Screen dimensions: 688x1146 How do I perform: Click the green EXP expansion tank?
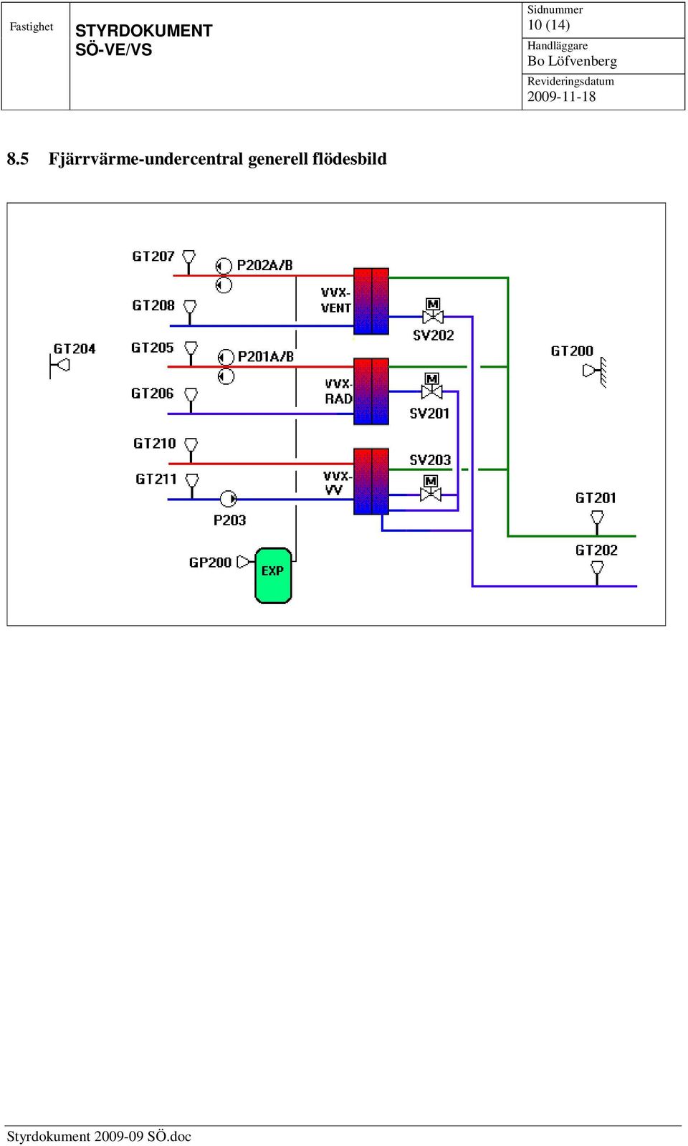[x=273, y=576]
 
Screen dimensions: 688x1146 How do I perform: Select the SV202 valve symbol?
[x=433, y=311]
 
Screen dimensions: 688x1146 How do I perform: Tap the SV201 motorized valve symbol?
[x=431, y=386]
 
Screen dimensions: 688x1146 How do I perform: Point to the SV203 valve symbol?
[x=431, y=489]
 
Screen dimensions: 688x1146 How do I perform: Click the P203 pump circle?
[x=228, y=498]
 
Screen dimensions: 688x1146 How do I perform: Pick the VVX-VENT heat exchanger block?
[x=371, y=301]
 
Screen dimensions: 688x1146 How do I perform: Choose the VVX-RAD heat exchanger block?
[x=371, y=391]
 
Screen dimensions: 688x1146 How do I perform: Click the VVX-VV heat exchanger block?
[x=371, y=482]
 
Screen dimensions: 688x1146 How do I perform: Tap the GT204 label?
[x=75, y=349]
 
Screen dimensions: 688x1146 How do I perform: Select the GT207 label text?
[x=153, y=256]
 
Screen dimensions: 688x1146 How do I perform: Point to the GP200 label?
[x=210, y=563]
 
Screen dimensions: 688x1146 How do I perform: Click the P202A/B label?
[x=265, y=265]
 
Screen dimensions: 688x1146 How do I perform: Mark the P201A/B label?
[x=266, y=356]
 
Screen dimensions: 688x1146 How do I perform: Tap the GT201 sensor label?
[x=596, y=498]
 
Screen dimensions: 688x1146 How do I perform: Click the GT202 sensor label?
[x=596, y=550]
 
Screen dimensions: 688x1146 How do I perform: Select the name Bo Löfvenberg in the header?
[x=572, y=62]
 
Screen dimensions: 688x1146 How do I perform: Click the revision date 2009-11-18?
[x=561, y=97]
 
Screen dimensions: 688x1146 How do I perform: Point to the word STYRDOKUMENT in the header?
[x=144, y=31]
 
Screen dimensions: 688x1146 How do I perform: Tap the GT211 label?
[x=156, y=479]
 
